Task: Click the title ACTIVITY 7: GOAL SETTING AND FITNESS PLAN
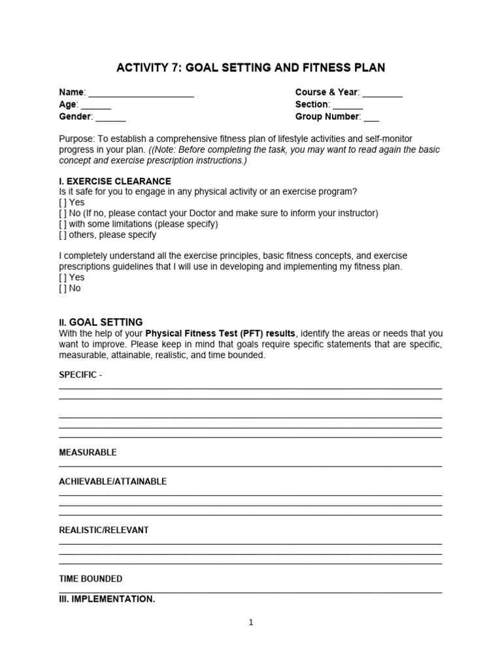(x=250, y=67)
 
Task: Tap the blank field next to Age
(x=96, y=105)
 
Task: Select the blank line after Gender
(x=110, y=118)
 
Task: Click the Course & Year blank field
(x=382, y=93)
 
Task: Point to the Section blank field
(x=348, y=105)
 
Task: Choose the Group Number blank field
(x=371, y=118)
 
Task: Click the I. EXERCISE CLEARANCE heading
(x=115, y=181)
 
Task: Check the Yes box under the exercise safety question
(x=63, y=203)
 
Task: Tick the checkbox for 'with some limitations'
(x=63, y=223)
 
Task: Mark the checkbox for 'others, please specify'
(x=63, y=235)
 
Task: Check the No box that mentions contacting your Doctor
(x=63, y=213)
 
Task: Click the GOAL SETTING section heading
(x=106, y=322)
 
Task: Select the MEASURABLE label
(x=88, y=452)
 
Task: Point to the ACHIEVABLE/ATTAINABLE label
(x=112, y=481)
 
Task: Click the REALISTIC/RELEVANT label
(x=103, y=530)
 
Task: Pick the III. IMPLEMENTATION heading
(x=107, y=598)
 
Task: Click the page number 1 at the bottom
(x=251, y=623)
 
